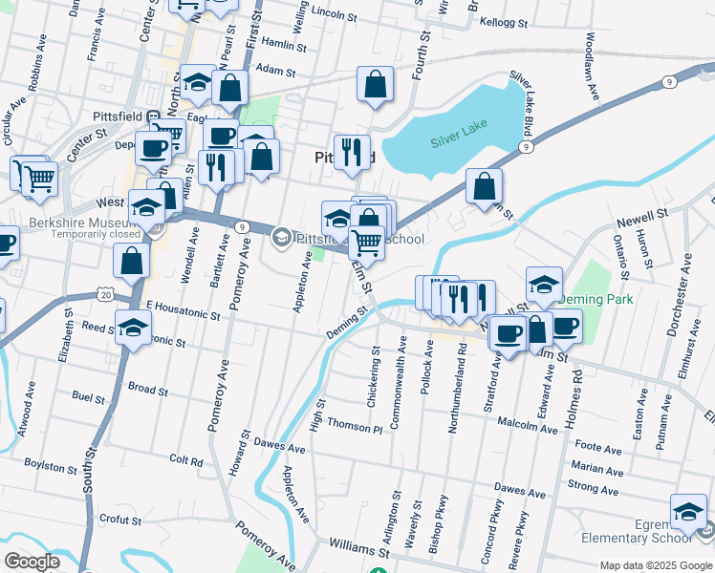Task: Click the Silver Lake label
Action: tap(459, 140)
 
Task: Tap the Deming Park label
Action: tap(596, 299)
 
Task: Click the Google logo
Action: tap(32, 561)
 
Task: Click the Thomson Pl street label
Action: tap(353, 424)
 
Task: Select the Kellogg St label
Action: tap(505, 20)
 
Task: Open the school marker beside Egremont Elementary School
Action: tap(688, 514)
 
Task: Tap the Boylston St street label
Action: tap(51, 467)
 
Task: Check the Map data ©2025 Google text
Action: tap(655, 565)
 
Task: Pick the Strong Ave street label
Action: tap(594, 487)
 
